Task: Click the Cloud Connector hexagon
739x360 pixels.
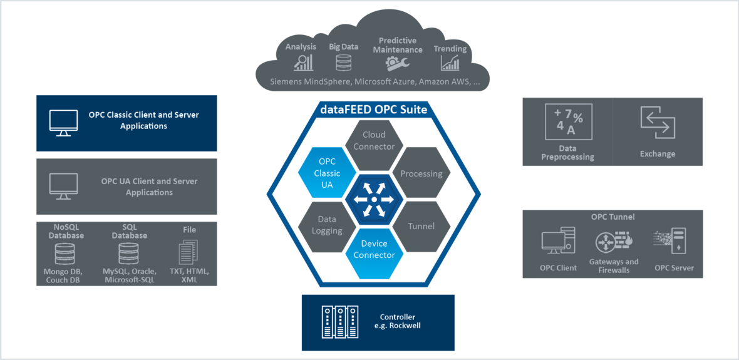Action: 374,141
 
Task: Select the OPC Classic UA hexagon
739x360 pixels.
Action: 326,173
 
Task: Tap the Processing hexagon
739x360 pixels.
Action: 421,173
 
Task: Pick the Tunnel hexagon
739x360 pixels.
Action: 421,226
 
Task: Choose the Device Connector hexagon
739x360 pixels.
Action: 374,249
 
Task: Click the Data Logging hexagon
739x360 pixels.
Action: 327,225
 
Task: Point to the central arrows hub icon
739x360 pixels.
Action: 373,200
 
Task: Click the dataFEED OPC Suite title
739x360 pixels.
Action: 374,110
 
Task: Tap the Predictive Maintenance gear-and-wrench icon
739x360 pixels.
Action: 398,63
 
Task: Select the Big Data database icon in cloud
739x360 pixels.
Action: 343,63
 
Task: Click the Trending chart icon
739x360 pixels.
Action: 450,63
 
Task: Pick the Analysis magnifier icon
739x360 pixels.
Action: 303,63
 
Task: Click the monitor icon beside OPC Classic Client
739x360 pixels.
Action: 64,123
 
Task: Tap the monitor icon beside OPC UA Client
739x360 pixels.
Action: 64,187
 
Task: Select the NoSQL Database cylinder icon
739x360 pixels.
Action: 65,254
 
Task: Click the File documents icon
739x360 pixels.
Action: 189,252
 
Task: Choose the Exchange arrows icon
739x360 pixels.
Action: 658,123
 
